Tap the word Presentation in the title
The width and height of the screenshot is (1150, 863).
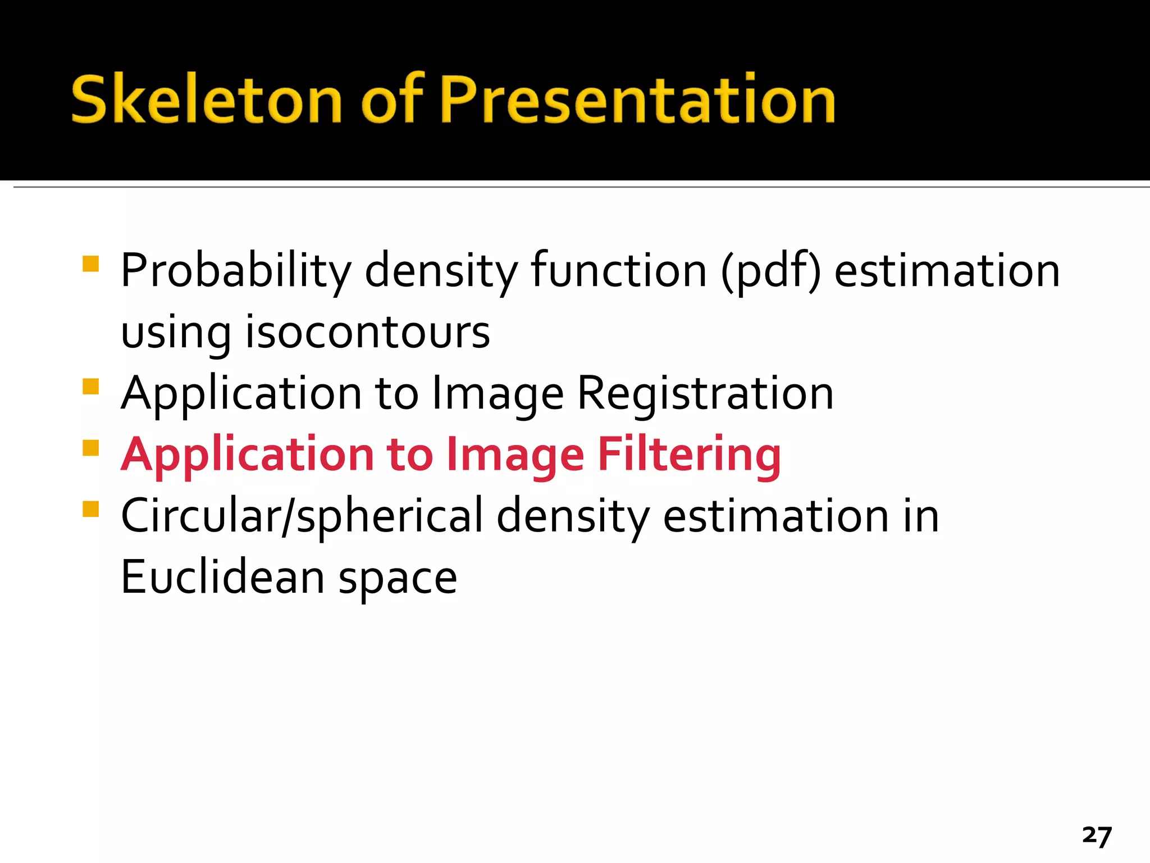point(638,100)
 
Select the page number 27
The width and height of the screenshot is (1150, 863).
point(1097,835)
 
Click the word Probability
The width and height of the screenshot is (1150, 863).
point(236,271)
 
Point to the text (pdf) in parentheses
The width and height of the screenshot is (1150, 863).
point(770,271)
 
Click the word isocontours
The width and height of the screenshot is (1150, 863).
point(368,332)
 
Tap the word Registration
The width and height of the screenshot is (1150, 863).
point(705,393)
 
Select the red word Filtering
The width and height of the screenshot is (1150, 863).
point(689,455)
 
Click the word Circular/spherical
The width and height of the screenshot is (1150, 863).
point(302,516)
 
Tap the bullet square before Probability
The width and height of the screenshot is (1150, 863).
point(90,264)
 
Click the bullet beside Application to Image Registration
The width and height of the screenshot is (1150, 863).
point(90,387)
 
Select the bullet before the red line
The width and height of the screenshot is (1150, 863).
point(90,448)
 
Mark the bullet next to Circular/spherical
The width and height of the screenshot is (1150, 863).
point(90,509)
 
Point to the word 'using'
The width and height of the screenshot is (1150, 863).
point(176,333)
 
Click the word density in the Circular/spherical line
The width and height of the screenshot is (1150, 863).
point(573,516)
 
